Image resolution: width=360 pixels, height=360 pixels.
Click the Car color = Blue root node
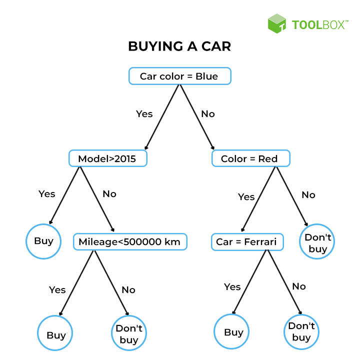179,76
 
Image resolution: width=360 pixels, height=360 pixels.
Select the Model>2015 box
108,159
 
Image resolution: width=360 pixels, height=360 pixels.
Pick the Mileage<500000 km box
129,242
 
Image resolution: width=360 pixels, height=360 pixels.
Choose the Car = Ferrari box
247,242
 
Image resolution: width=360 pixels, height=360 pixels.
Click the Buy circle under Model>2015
43,241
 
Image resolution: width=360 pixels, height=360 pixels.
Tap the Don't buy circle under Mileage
128,334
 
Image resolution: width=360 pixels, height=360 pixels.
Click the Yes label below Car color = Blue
144,114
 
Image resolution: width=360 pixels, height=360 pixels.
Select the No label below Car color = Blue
207,114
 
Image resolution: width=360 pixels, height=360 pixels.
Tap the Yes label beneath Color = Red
246,197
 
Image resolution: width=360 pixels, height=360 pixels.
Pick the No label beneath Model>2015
109,193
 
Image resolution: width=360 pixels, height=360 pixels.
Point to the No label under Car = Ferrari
298,286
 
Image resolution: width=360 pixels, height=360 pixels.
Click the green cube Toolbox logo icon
276,23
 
